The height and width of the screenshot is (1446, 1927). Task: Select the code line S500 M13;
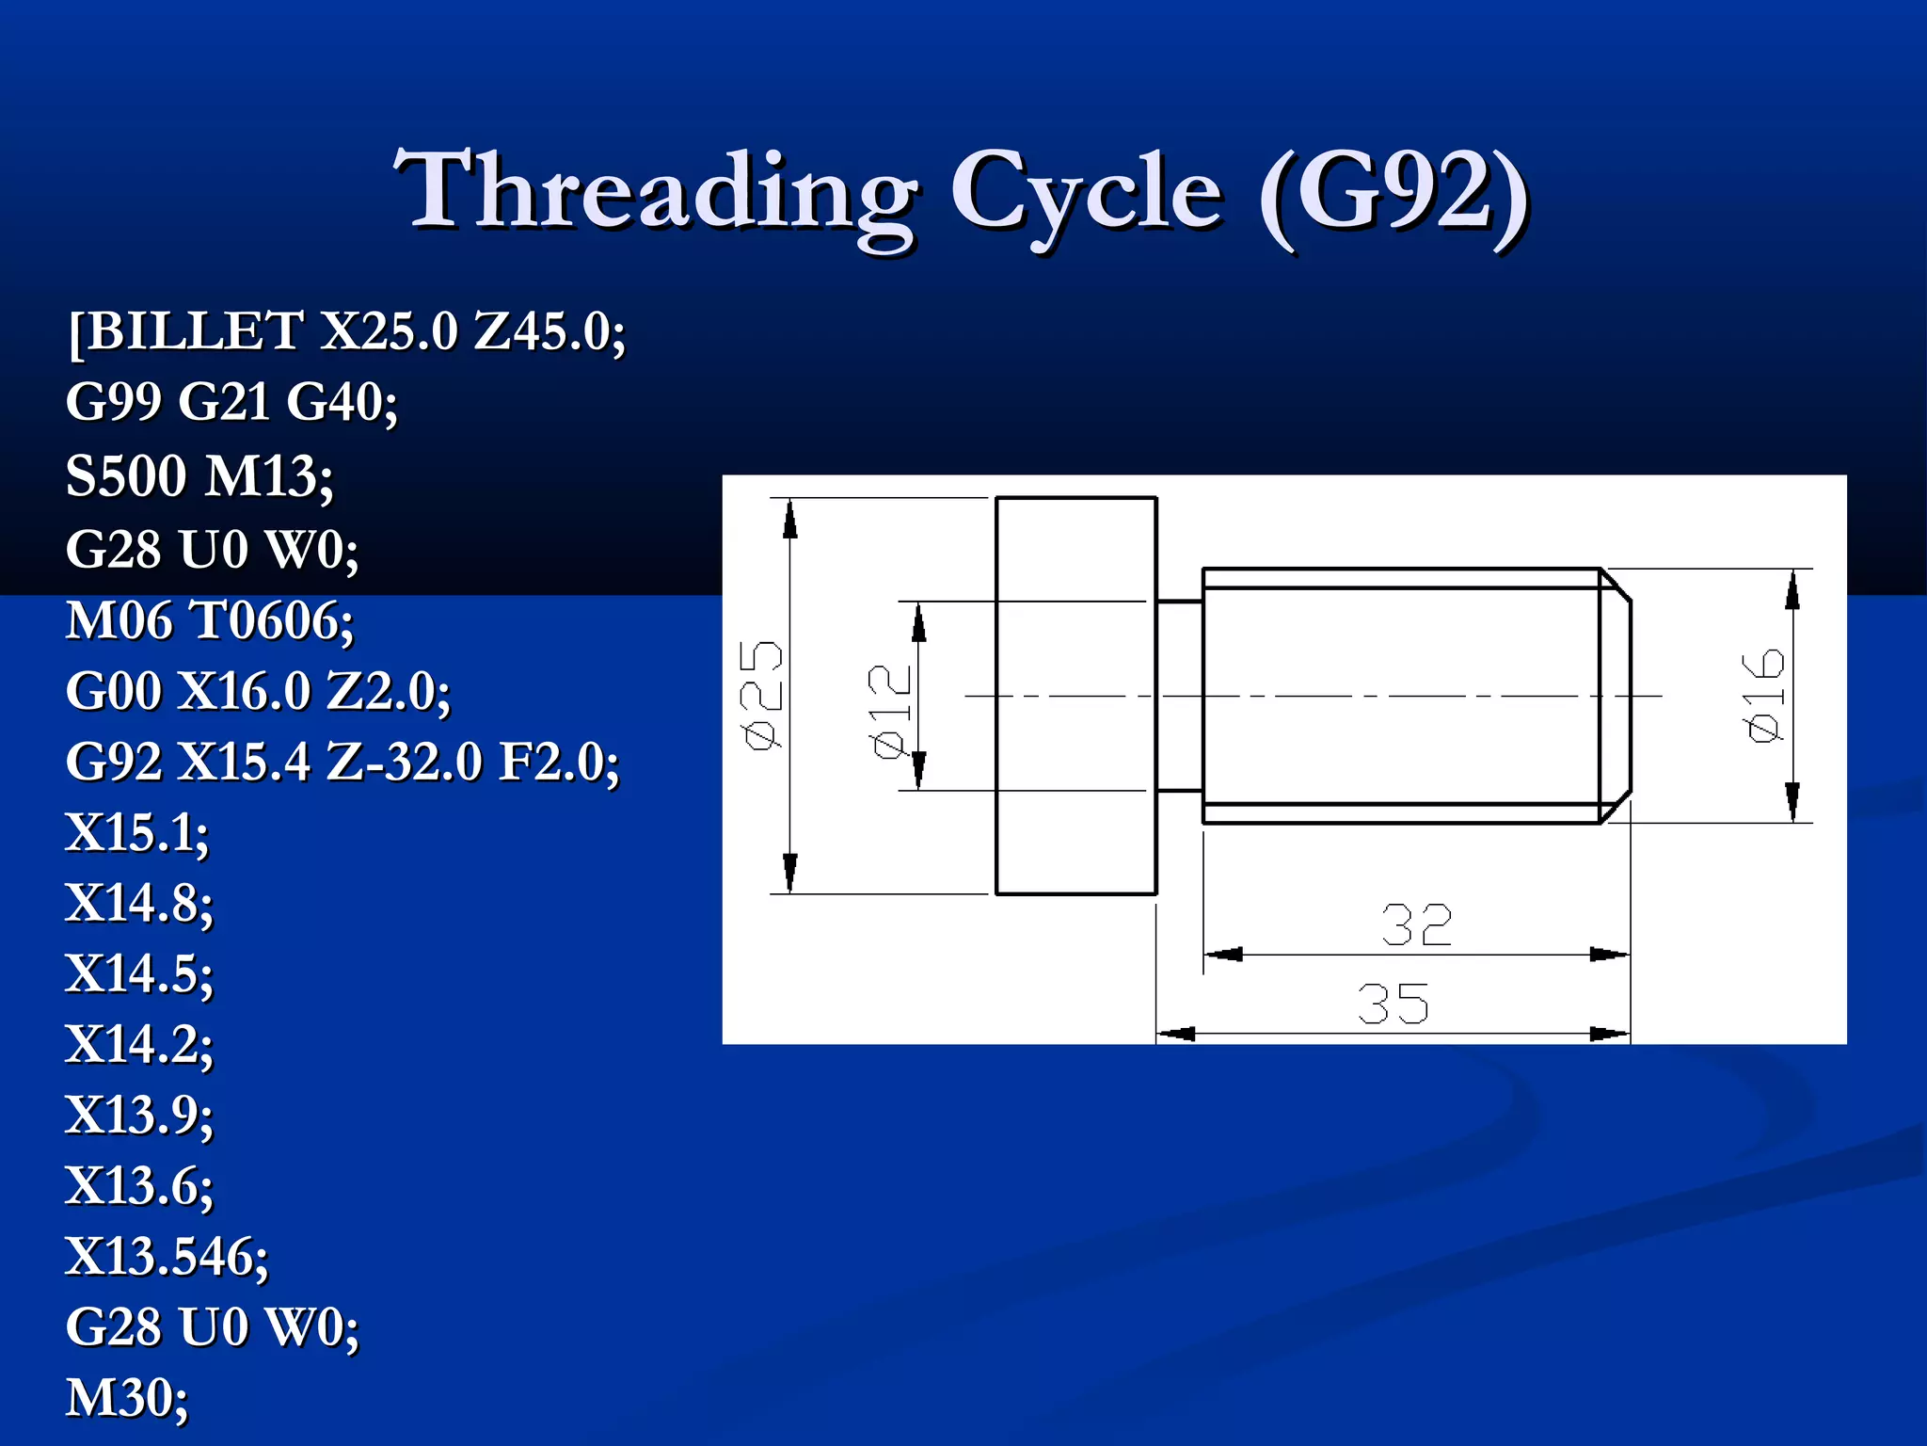click(199, 475)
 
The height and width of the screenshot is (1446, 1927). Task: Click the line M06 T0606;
click(210, 621)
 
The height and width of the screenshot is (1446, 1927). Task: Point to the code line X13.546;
click(167, 1256)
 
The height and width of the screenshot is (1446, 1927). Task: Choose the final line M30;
click(127, 1397)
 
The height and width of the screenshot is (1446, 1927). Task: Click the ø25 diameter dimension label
click(762, 695)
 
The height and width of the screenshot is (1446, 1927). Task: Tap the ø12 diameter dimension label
click(890, 711)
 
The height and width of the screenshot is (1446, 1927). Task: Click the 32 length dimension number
click(1416, 925)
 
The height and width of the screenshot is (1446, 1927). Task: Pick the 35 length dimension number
click(1393, 1004)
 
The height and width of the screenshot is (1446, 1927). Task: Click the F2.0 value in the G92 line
click(559, 762)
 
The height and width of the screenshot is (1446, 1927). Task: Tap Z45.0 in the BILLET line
click(549, 330)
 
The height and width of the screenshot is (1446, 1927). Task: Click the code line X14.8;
click(139, 903)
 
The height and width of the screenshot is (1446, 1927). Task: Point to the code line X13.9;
click(139, 1115)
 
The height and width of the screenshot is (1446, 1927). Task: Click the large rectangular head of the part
click(1075, 695)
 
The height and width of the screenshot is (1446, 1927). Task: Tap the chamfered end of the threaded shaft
click(1616, 695)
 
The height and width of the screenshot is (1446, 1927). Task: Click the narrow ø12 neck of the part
click(1180, 695)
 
